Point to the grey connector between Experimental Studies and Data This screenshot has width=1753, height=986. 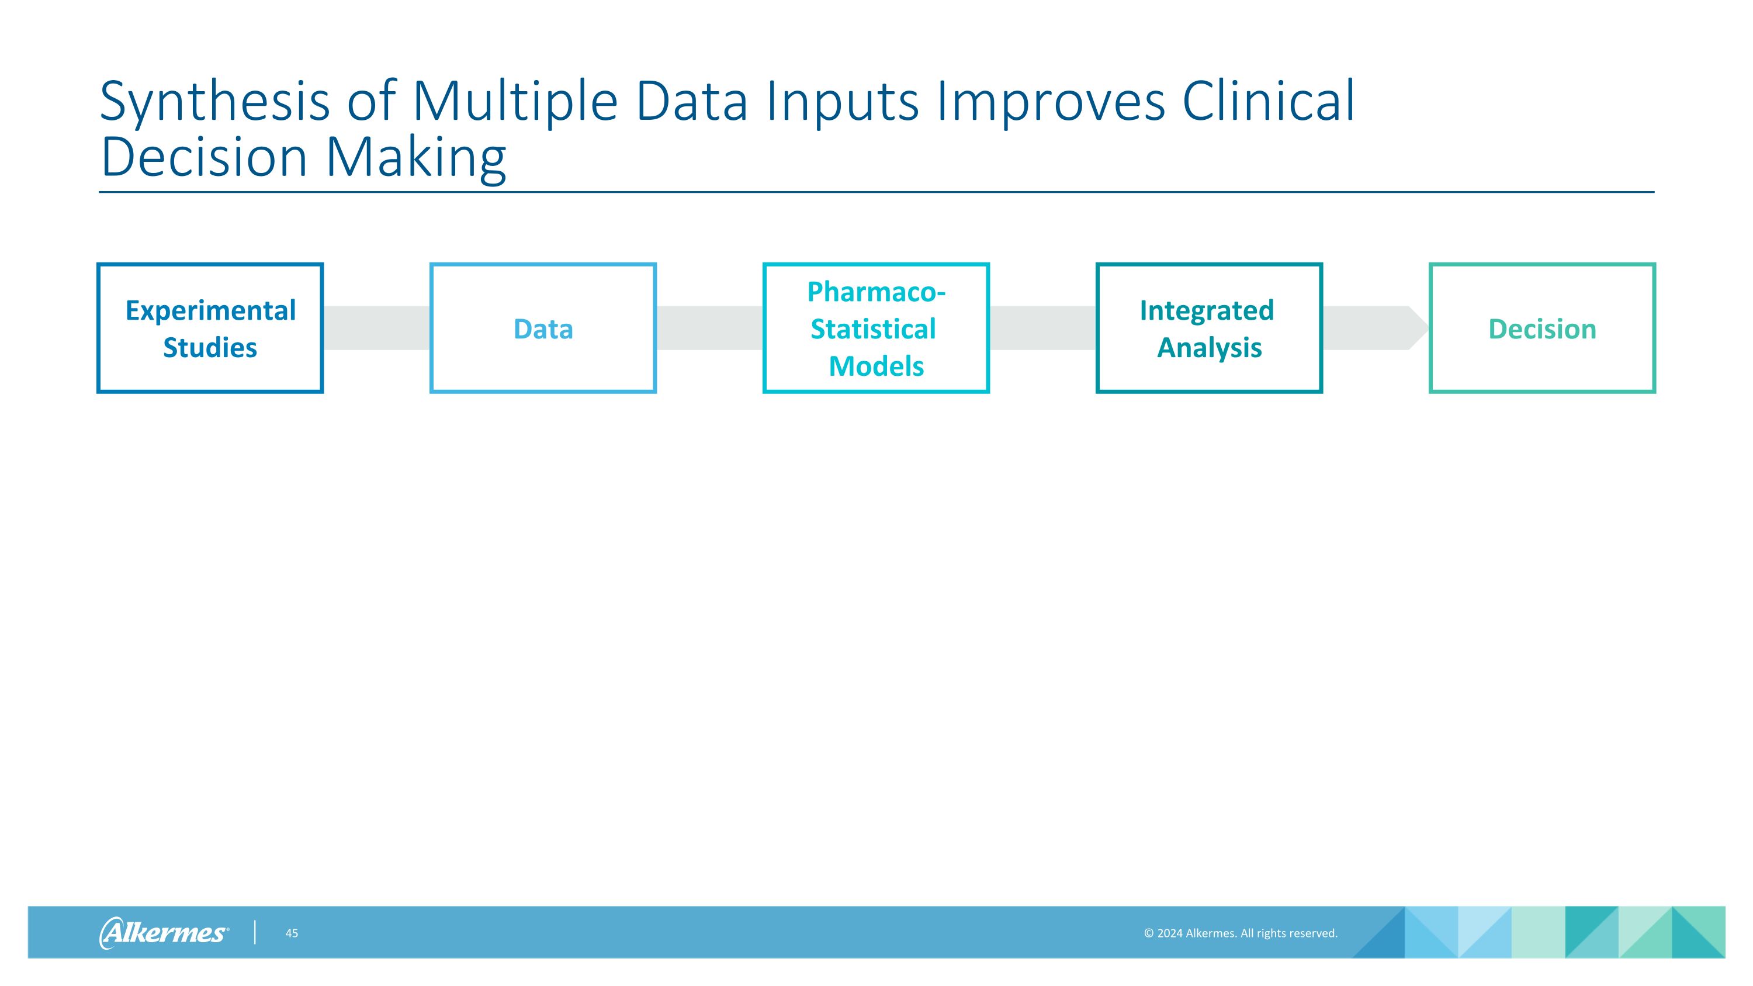pyautogui.click(x=376, y=328)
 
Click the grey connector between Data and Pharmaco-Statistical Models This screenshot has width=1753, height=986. pyautogui.click(x=710, y=328)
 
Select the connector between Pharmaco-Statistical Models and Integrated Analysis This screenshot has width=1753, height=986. pyautogui.click(x=1042, y=328)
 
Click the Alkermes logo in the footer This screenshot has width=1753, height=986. pyautogui.click(x=164, y=932)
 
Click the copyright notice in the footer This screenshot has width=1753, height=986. pyautogui.click(x=1241, y=933)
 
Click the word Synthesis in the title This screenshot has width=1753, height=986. pyautogui.click(x=215, y=102)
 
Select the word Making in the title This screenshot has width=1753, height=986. pyautogui.click(x=416, y=158)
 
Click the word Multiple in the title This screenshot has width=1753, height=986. pyautogui.click(x=515, y=102)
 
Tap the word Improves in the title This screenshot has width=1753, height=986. pyautogui.click(x=1051, y=102)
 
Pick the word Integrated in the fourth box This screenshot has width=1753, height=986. pyautogui.click(x=1207, y=311)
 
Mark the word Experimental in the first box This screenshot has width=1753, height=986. pyautogui.click(x=211, y=311)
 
